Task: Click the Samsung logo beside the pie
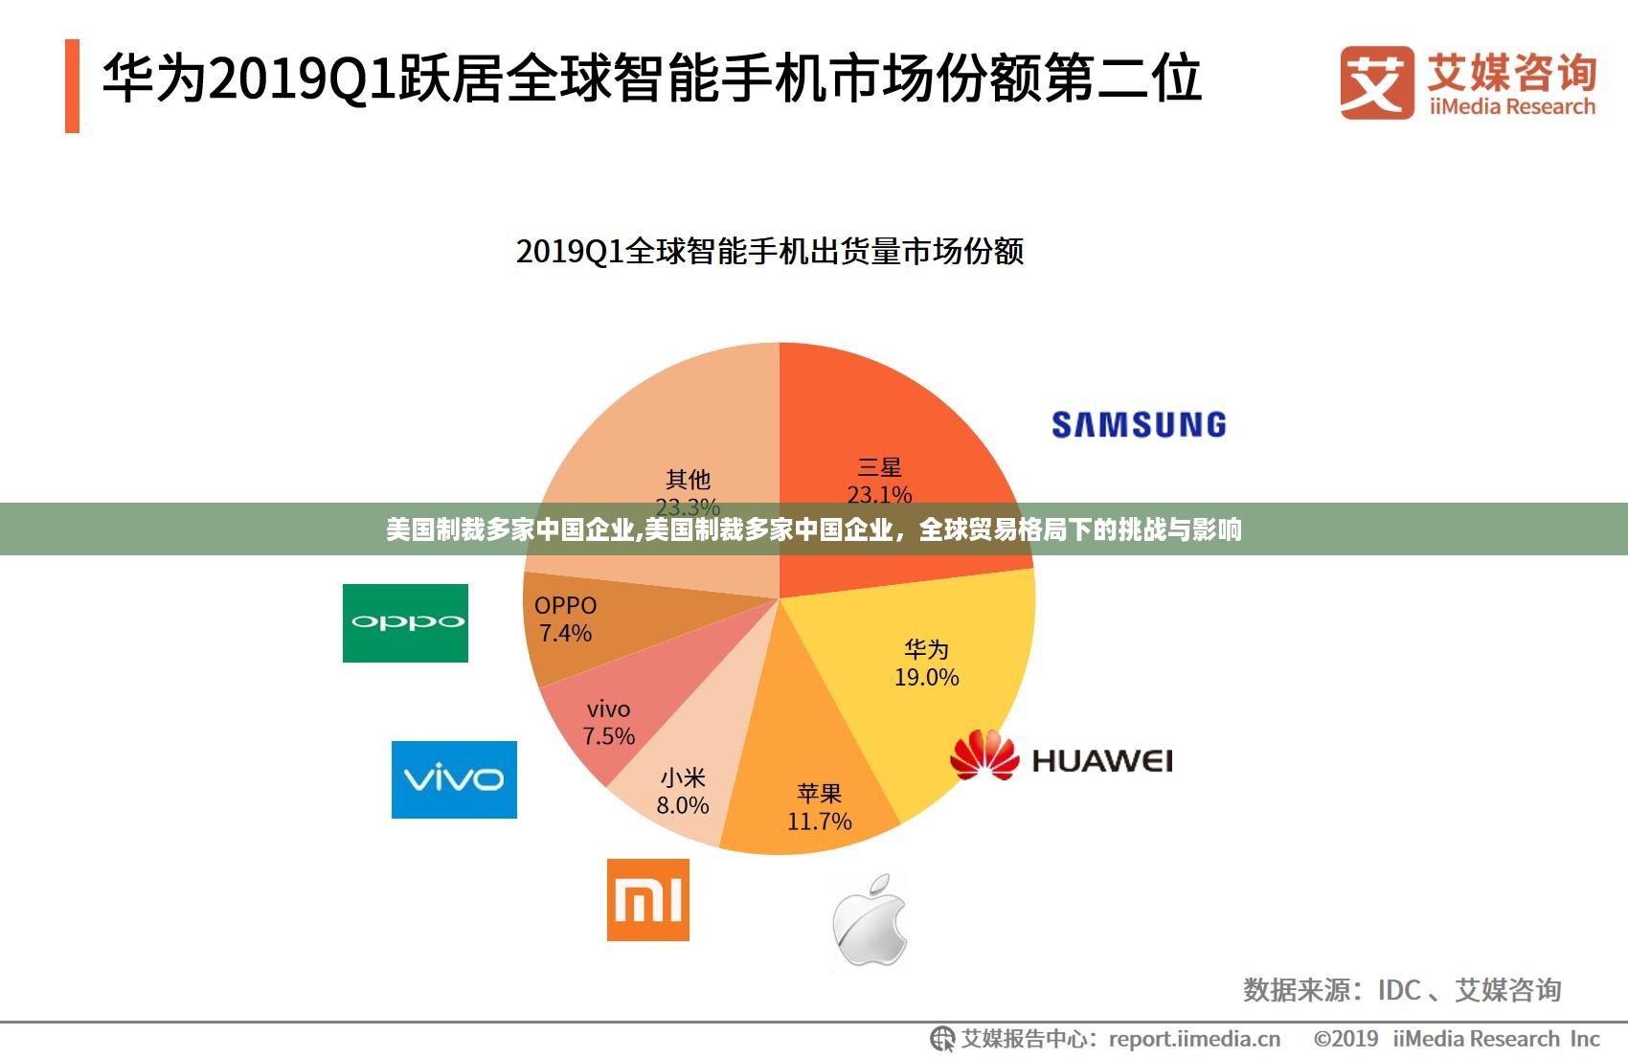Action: click(1139, 424)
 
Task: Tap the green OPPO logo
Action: click(405, 622)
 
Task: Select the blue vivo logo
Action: click(454, 779)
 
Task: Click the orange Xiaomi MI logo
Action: click(648, 900)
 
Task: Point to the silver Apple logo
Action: click(870, 920)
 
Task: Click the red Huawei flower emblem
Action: click(984, 755)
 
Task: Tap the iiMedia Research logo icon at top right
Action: click(1376, 82)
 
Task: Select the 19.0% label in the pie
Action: click(926, 678)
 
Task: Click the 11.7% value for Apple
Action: click(819, 822)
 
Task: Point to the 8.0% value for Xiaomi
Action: click(683, 806)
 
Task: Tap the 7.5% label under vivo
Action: click(609, 736)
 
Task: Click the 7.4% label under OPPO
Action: click(565, 633)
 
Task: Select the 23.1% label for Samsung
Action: click(879, 495)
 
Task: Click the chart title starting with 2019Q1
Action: click(770, 252)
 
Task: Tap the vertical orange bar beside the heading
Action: click(72, 85)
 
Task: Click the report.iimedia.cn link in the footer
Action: click(1194, 1039)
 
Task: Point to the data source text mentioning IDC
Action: click(1402, 990)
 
